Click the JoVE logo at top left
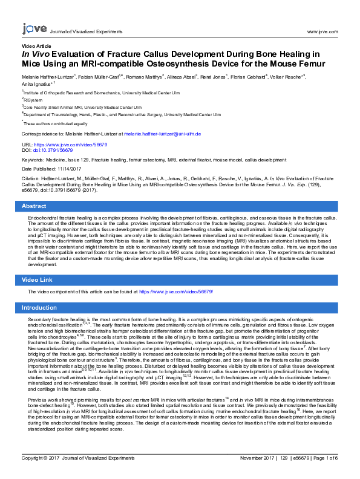[32, 29]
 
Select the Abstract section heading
[34, 206]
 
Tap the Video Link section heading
[38, 280]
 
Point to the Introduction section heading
[39, 307]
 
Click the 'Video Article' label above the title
[36, 46]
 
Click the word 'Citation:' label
[31, 179]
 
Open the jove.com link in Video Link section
[176, 292]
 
